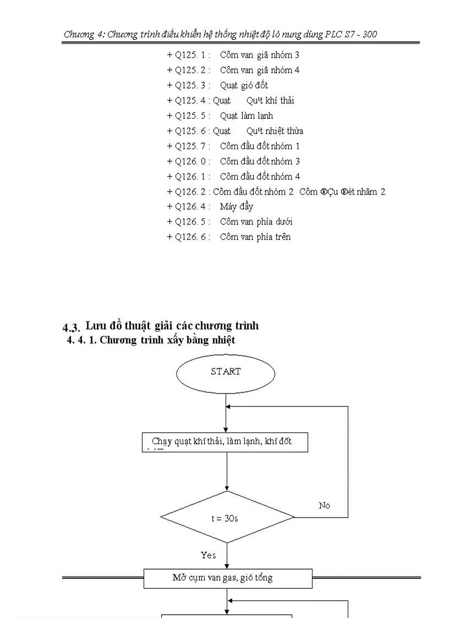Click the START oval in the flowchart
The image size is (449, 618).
point(226,373)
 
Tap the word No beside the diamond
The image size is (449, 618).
point(325,505)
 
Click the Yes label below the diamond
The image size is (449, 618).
point(209,555)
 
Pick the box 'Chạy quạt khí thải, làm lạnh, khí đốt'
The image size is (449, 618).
point(225,442)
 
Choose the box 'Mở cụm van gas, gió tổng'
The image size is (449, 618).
point(228,578)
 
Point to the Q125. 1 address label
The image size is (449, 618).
point(189,55)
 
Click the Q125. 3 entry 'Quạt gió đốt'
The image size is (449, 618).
point(244,85)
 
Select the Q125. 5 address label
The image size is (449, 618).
point(189,116)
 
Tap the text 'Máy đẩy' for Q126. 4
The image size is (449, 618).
point(237,206)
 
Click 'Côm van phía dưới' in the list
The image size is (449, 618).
point(256,222)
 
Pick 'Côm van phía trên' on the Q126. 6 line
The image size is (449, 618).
point(255,237)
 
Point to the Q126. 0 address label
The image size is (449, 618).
point(189,161)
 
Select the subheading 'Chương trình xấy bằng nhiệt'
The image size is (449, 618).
point(167,340)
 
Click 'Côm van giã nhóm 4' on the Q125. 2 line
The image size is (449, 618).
point(260,70)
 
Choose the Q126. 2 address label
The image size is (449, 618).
point(189,192)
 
